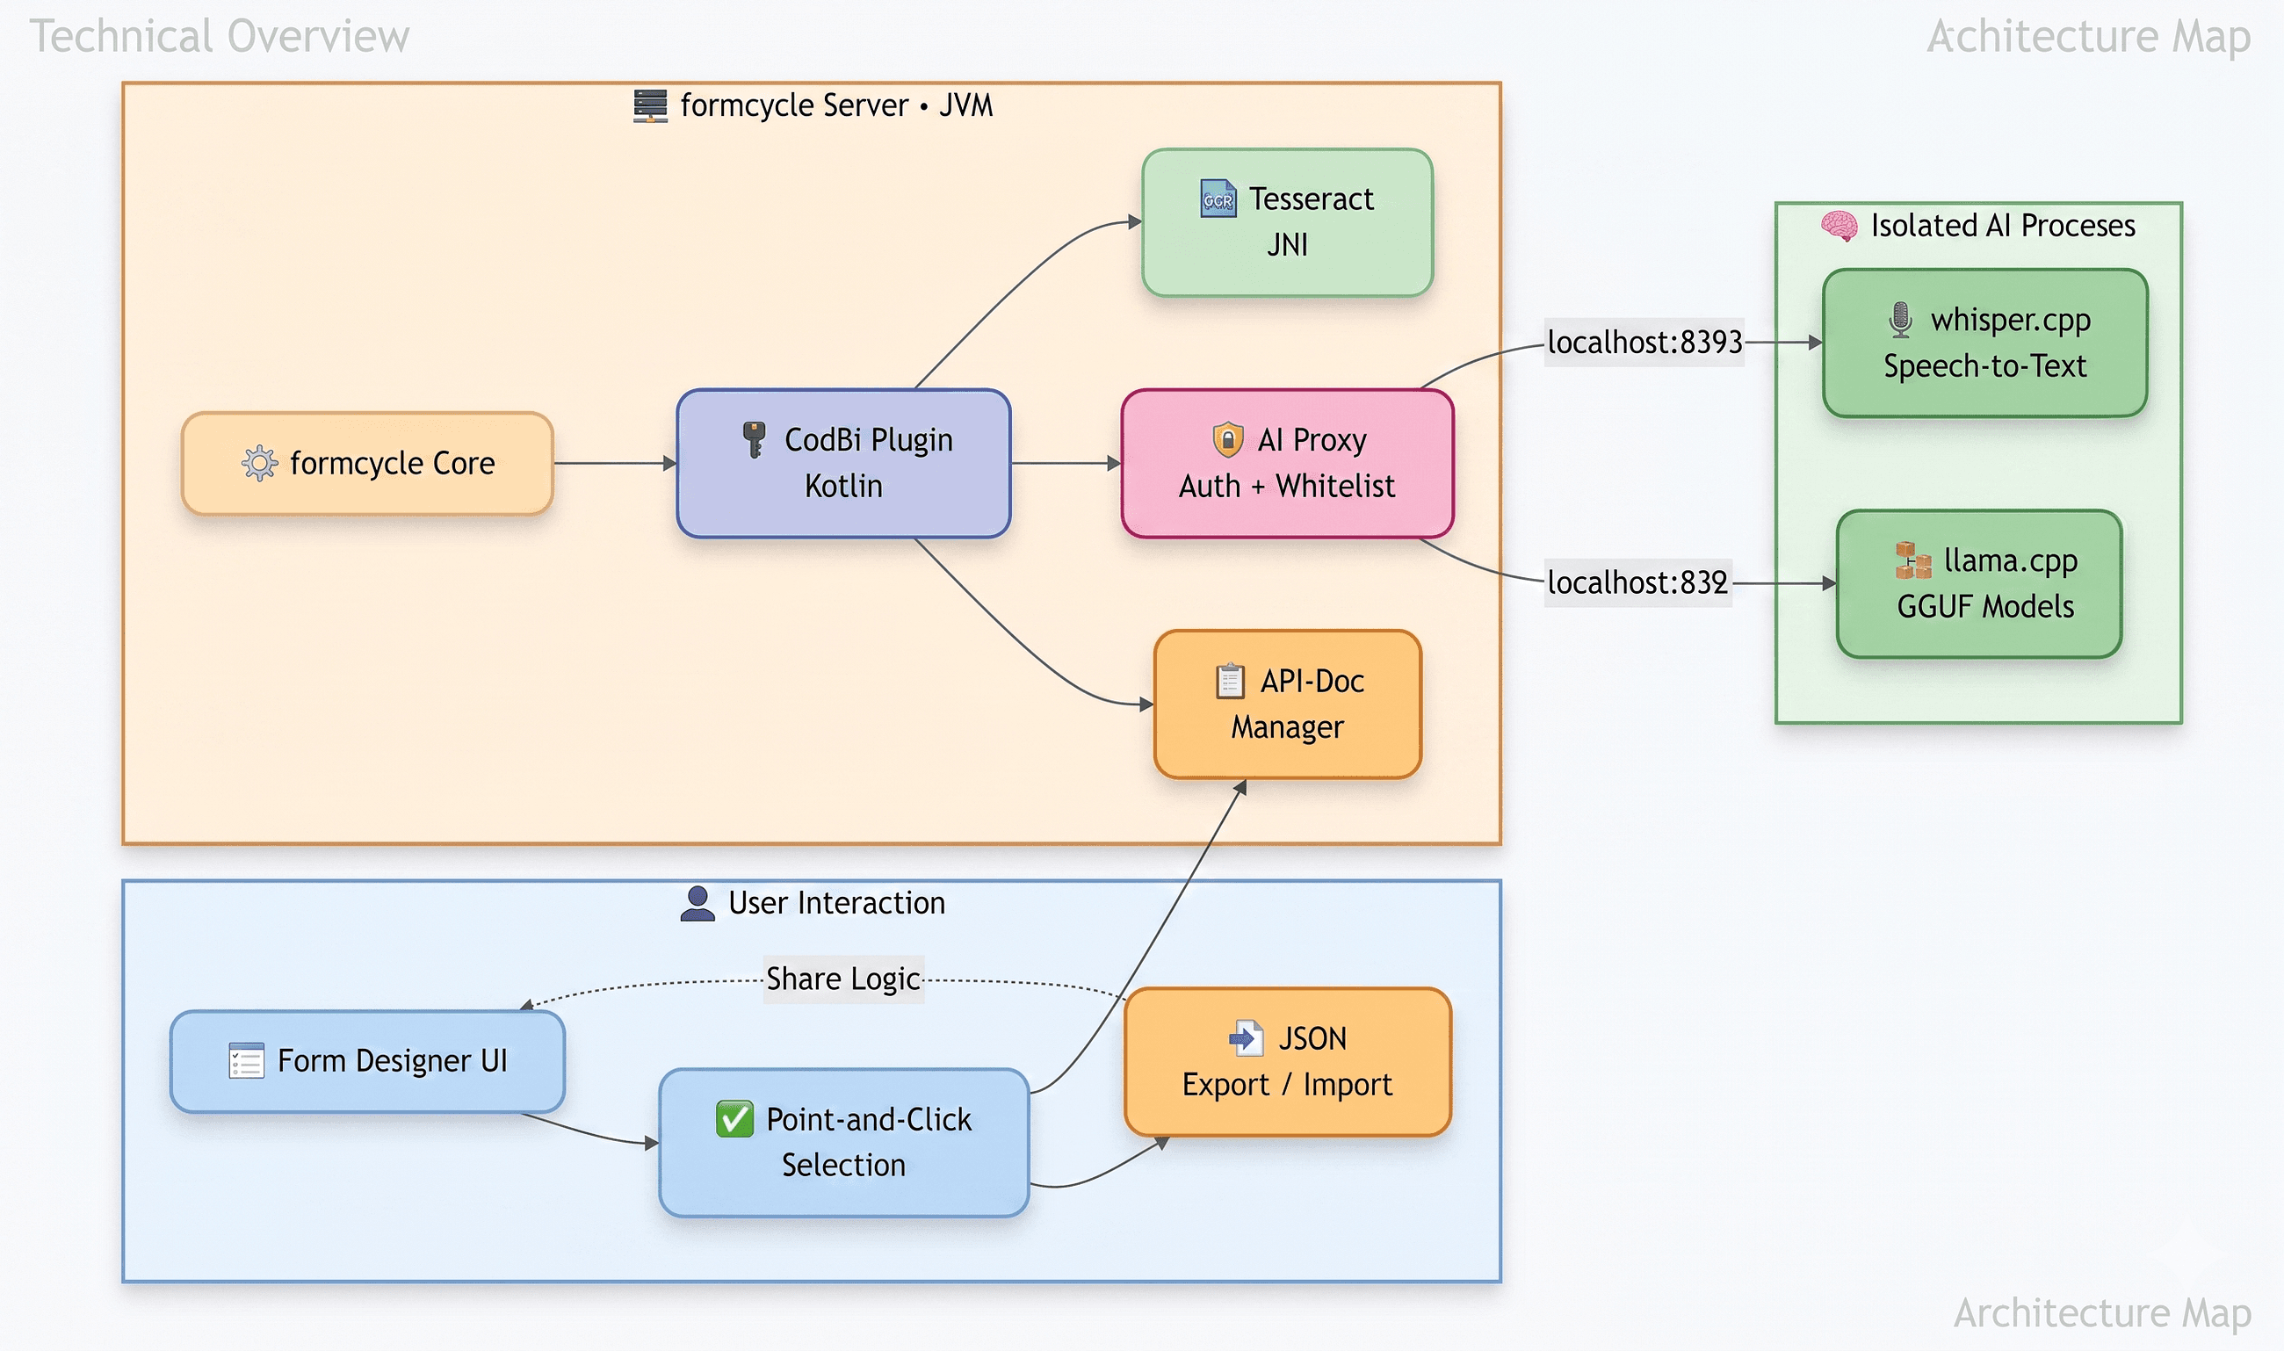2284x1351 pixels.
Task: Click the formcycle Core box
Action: coord(367,464)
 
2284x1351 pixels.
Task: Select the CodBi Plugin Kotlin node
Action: coord(843,464)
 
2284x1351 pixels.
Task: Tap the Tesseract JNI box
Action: coord(1287,222)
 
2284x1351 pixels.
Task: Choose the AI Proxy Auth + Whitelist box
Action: coord(1287,464)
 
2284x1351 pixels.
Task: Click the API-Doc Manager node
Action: coord(1287,704)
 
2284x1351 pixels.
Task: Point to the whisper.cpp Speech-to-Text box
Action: coord(1984,343)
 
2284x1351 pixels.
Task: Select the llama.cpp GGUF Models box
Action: coord(1979,583)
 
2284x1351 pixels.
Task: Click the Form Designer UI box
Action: coord(367,1060)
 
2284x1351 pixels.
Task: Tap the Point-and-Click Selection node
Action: coord(843,1142)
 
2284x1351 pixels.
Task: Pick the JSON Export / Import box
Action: coord(1287,1061)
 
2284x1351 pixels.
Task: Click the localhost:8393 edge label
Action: coord(1644,343)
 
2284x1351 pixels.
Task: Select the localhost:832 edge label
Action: coord(1637,582)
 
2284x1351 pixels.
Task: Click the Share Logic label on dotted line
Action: coord(843,979)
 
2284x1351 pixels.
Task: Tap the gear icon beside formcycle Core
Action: coord(259,464)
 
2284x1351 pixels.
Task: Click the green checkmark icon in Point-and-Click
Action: coord(734,1119)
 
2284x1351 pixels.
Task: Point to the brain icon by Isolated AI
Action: coord(1839,226)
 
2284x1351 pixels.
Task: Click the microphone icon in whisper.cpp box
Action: coord(1900,320)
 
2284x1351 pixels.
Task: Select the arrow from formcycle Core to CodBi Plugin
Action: coord(614,464)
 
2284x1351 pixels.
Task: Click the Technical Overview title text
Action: coord(220,36)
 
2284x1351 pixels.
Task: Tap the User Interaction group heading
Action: coord(835,903)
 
